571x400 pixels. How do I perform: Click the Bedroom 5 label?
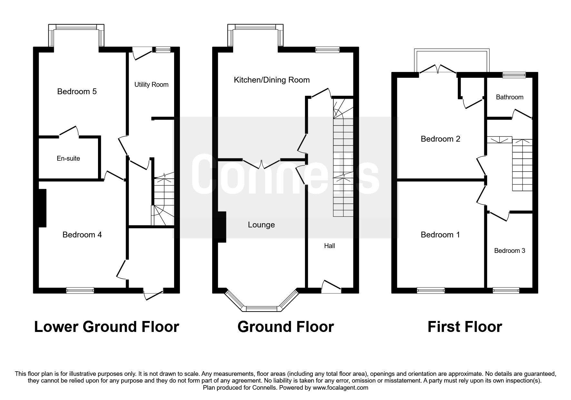click(x=77, y=92)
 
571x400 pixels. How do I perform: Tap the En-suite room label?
click(x=68, y=158)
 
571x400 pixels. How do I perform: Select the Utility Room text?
click(x=151, y=85)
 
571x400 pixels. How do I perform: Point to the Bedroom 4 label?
click(x=82, y=235)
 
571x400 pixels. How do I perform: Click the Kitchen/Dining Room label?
click(x=271, y=80)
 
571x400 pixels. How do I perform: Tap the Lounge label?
click(x=261, y=225)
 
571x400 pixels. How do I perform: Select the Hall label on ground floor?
click(x=329, y=246)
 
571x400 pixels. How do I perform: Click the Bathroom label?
click(x=509, y=97)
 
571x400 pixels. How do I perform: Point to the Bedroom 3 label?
click(x=509, y=251)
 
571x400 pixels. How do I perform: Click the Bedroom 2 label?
click(x=440, y=139)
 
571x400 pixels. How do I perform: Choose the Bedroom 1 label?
click(x=440, y=235)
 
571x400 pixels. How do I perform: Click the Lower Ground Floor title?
click(x=106, y=327)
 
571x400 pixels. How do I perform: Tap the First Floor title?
click(x=464, y=327)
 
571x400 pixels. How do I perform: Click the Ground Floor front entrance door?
click(x=331, y=287)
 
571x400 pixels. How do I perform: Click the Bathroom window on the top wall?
click(x=514, y=75)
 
